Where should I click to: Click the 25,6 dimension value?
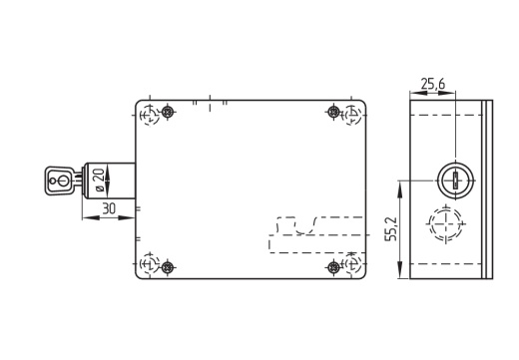[432, 84]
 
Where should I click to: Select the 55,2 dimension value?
[391, 229]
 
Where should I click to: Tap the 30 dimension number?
[109, 208]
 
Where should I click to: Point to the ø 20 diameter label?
[100, 180]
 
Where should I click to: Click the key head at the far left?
[59, 180]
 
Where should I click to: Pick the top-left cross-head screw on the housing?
[168, 112]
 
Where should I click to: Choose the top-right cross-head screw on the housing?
[333, 112]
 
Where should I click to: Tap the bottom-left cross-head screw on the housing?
[168, 266]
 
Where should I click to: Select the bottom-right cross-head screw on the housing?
[333, 266]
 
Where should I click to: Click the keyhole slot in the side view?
[455, 181]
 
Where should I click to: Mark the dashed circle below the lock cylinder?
[445, 223]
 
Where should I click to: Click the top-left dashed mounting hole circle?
[150, 116]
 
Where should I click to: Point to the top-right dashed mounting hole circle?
[352, 116]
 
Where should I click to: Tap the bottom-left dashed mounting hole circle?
[150, 263]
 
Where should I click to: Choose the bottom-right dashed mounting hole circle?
[352, 263]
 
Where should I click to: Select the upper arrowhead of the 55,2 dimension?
[400, 187]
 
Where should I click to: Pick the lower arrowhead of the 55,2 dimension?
[400, 270]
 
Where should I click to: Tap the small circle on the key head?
[53, 180]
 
